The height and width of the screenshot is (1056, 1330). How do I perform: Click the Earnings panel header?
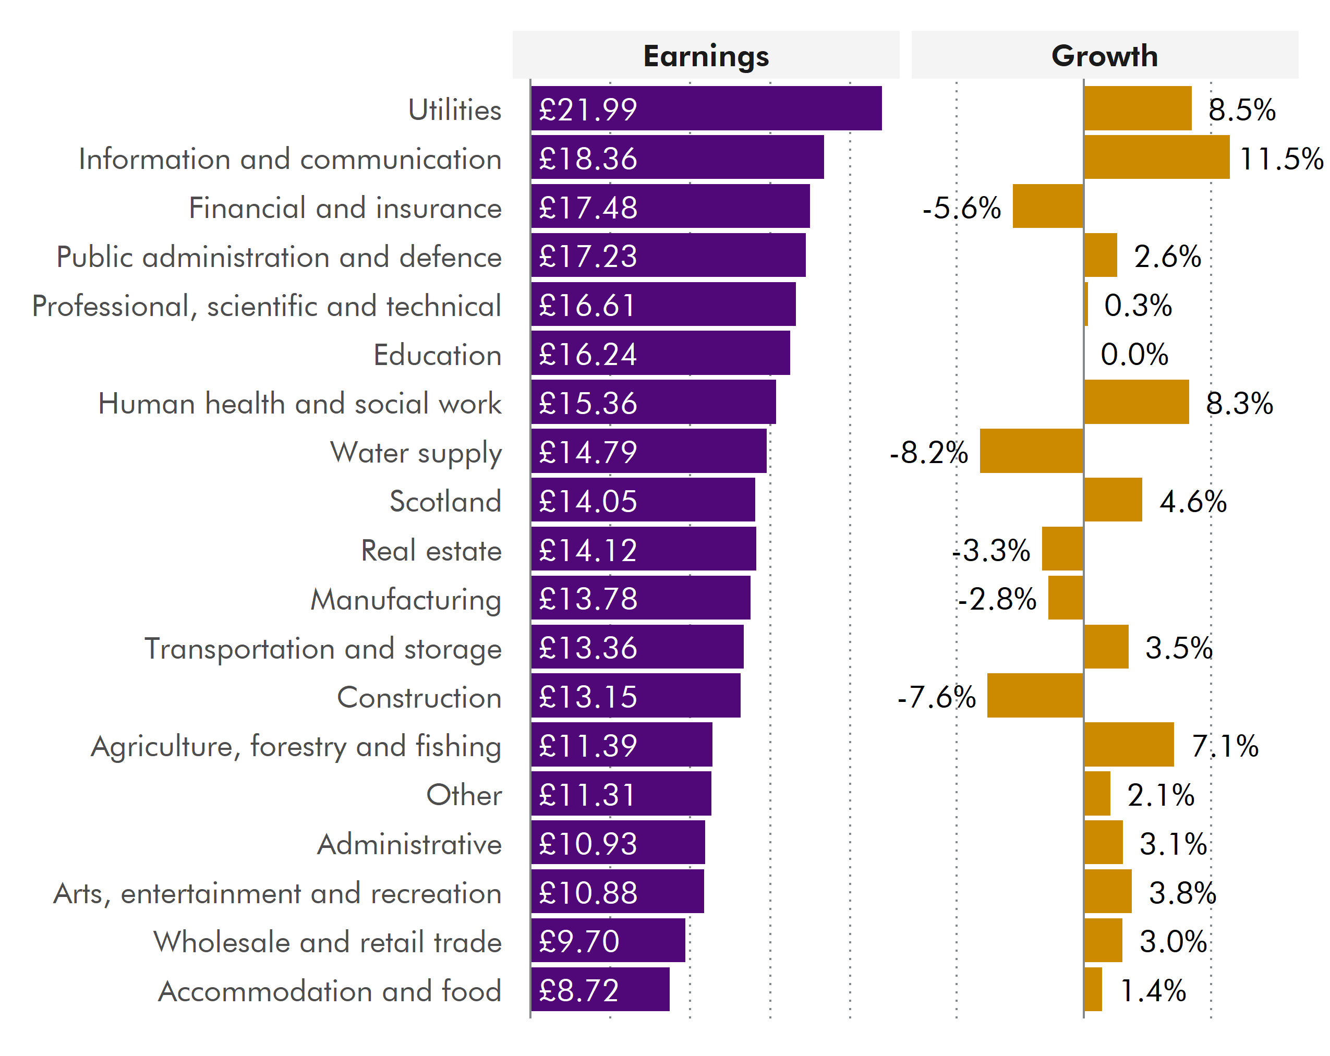point(706,55)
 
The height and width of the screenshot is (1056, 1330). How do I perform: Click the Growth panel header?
point(1104,55)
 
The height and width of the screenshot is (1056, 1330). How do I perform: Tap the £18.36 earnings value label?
point(587,159)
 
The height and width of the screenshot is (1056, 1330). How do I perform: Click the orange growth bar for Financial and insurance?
point(1047,207)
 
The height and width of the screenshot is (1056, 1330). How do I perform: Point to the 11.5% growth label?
point(1280,159)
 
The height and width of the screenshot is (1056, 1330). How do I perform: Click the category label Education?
point(438,355)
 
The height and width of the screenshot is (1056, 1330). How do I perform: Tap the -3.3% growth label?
point(992,550)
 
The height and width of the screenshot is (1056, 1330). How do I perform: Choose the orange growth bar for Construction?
point(1035,696)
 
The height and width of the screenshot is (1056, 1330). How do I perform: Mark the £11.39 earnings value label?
point(587,745)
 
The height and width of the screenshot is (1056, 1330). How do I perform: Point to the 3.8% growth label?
point(1182,893)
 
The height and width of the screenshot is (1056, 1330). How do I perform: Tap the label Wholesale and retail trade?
point(328,942)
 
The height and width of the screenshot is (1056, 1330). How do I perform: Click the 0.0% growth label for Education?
point(1134,355)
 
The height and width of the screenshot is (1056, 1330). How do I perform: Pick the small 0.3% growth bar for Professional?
point(1086,305)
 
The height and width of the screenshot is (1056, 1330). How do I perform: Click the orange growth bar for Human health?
point(1136,402)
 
